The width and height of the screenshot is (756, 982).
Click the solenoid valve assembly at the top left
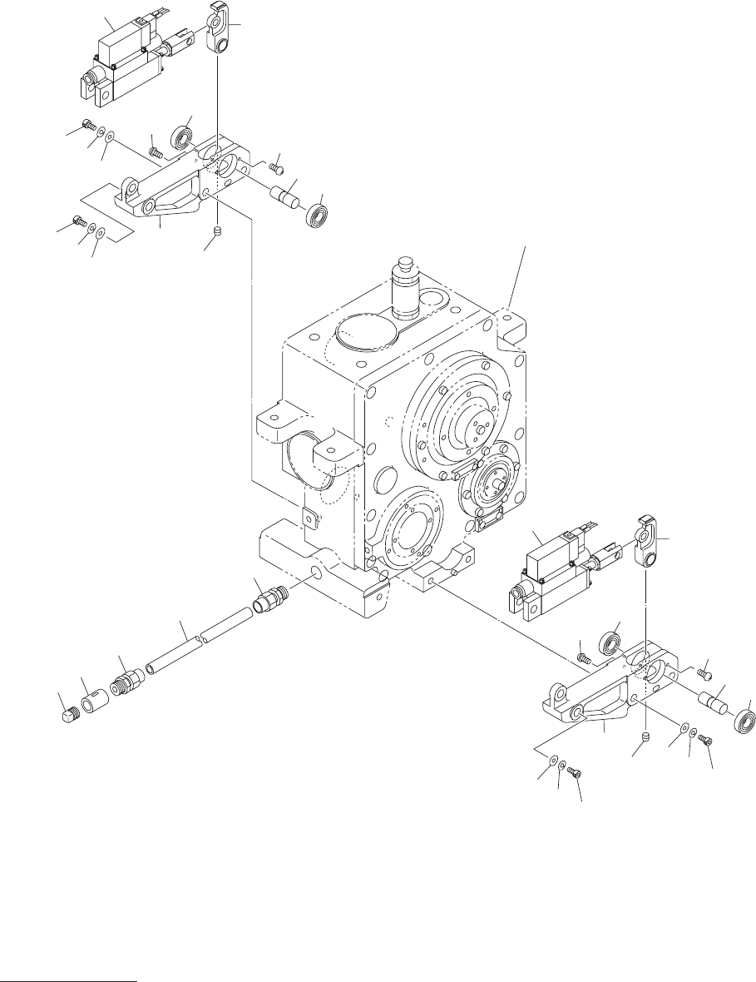click(125, 58)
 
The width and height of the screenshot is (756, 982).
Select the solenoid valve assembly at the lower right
click(549, 570)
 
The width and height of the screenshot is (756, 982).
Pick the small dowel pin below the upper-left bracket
click(216, 231)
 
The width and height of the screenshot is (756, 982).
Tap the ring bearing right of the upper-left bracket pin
click(318, 216)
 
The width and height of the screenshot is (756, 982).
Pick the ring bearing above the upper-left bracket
click(183, 136)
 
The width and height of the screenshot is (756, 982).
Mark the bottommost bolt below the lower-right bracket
click(574, 774)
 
